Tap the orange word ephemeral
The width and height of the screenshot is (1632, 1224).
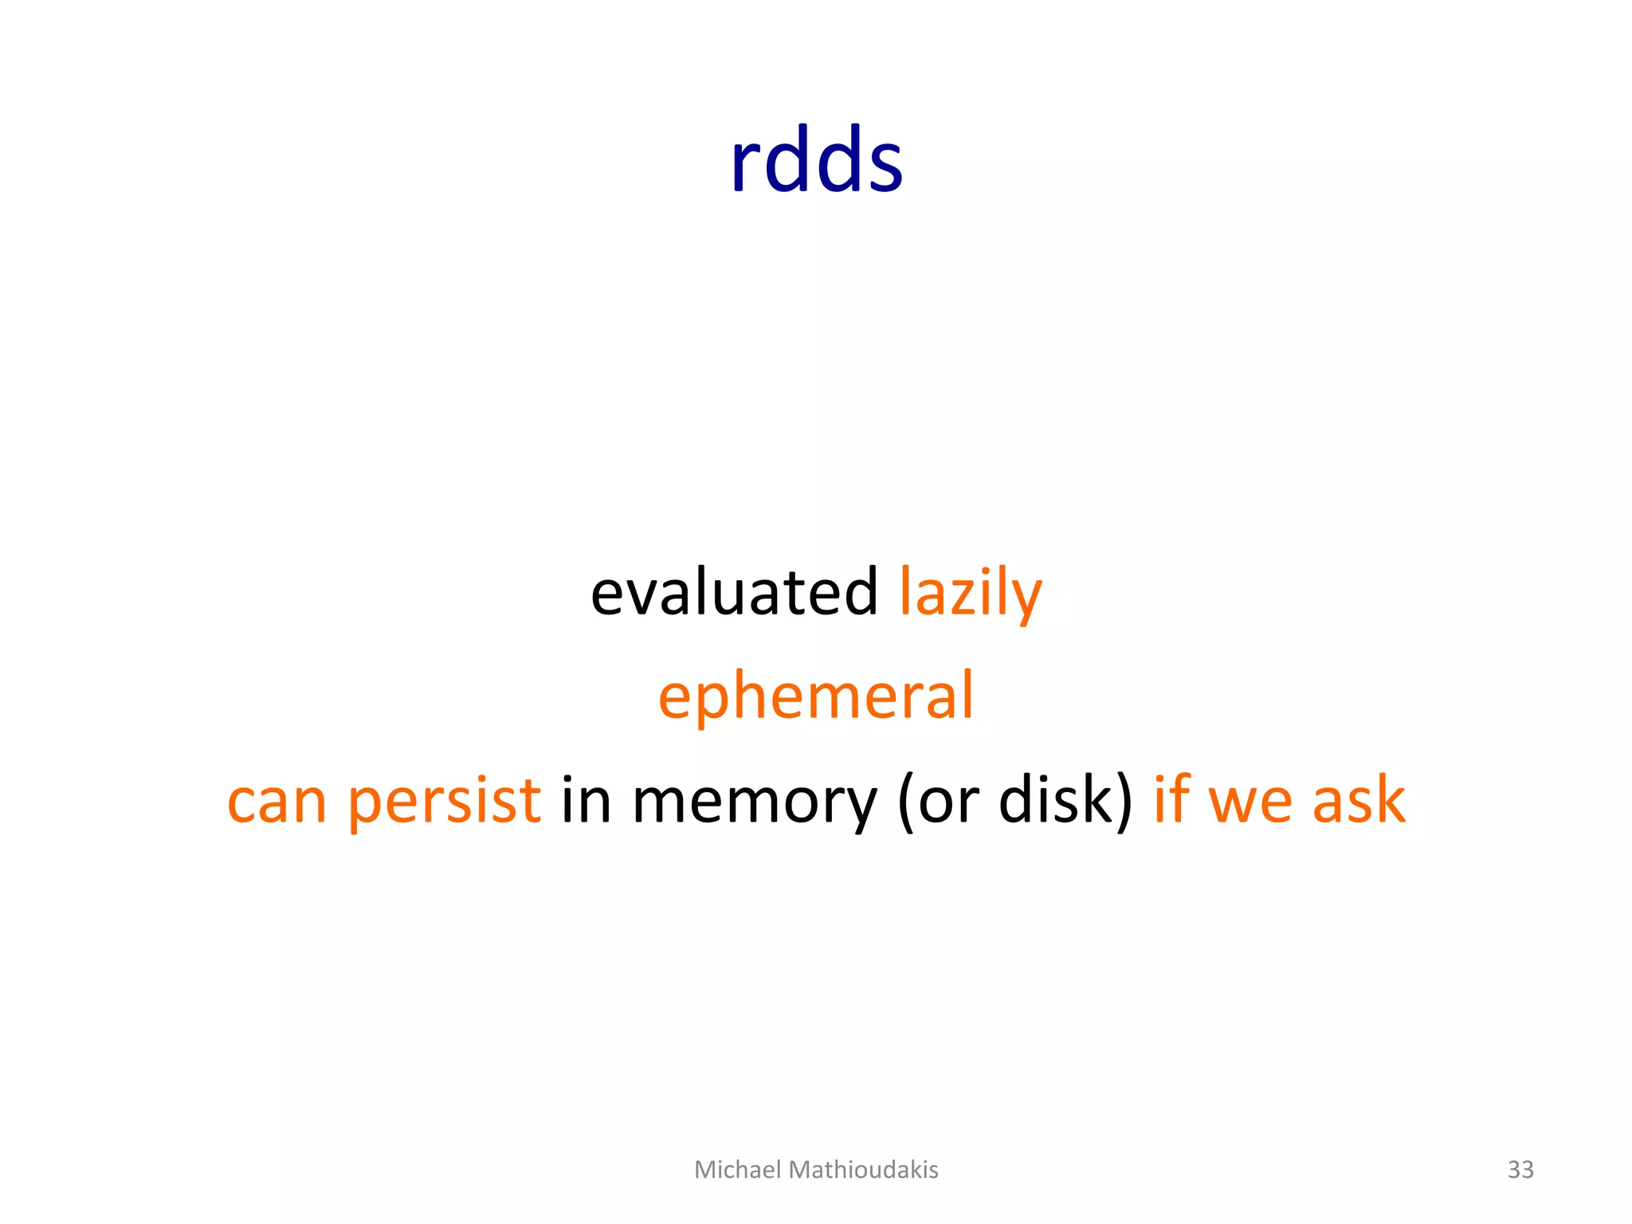pos(816,696)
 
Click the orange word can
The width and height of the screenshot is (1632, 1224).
pos(277,801)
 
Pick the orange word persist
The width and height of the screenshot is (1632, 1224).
pos(444,801)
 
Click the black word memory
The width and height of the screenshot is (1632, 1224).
pos(754,801)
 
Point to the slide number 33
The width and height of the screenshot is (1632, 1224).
pos(1520,1169)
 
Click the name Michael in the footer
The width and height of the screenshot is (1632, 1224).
pos(737,1169)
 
